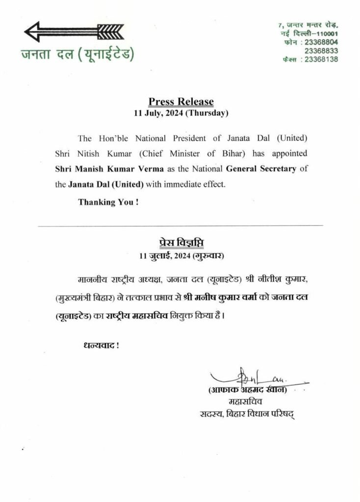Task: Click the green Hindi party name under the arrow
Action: click(77, 53)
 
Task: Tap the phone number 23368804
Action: click(321, 42)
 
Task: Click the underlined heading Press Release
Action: click(181, 101)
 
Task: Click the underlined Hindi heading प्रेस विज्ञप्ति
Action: click(181, 243)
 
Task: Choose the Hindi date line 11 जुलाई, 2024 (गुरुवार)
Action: click(181, 255)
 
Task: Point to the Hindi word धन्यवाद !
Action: click(101, 345)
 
